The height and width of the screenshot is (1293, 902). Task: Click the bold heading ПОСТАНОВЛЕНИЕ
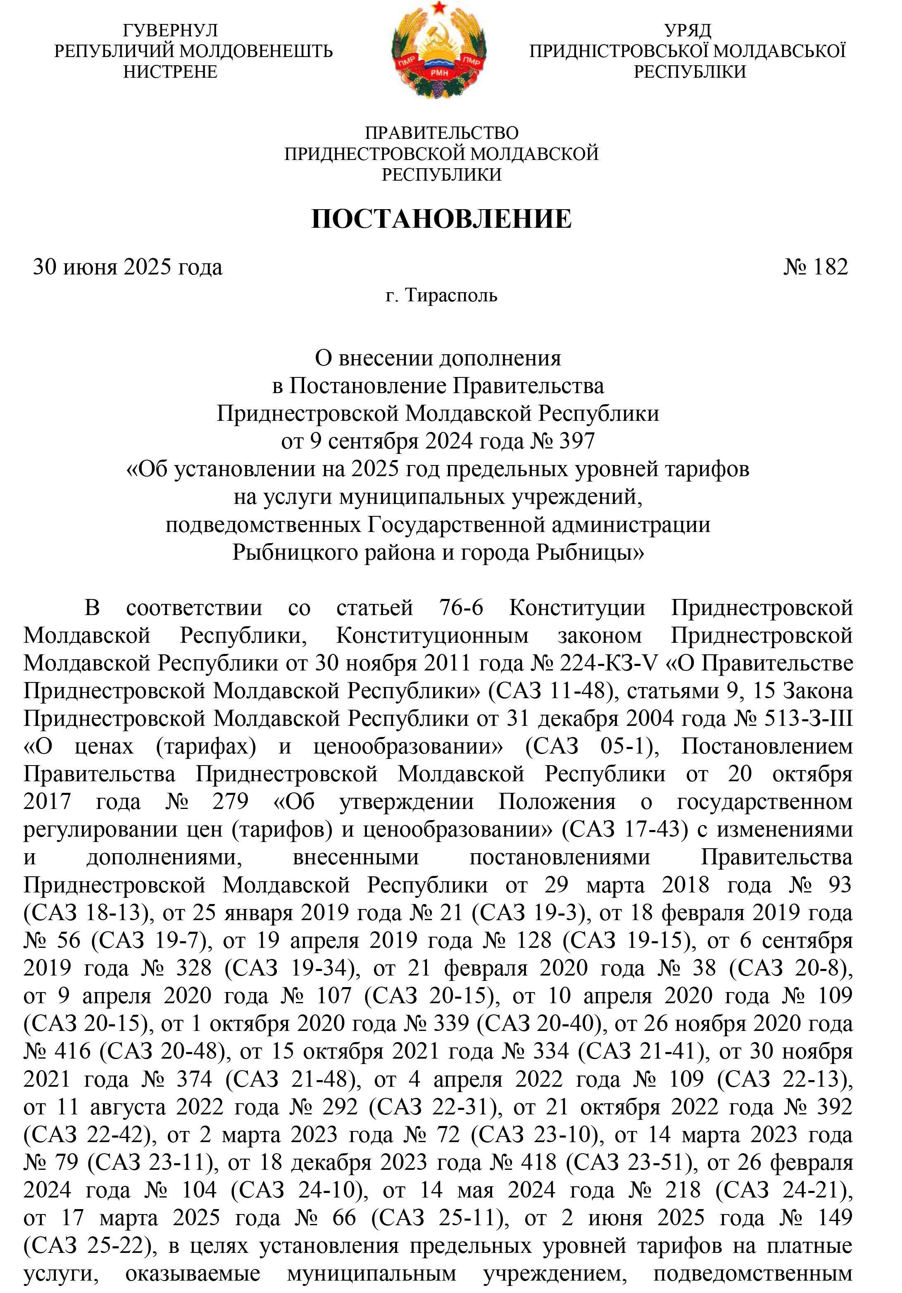pos(441,219)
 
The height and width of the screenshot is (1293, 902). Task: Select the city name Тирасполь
pos(451,296)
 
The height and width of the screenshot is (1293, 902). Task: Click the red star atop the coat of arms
pos(439,8)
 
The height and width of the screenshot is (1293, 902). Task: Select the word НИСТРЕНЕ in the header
pos(170,72)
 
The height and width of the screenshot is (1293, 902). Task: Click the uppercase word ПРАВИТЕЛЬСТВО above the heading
pos(441,133)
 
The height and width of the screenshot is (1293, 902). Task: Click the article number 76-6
pos(461,608)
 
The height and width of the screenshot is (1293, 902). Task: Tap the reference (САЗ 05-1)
pos(588,746)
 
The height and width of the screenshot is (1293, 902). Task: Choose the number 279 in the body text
pos(230,802)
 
